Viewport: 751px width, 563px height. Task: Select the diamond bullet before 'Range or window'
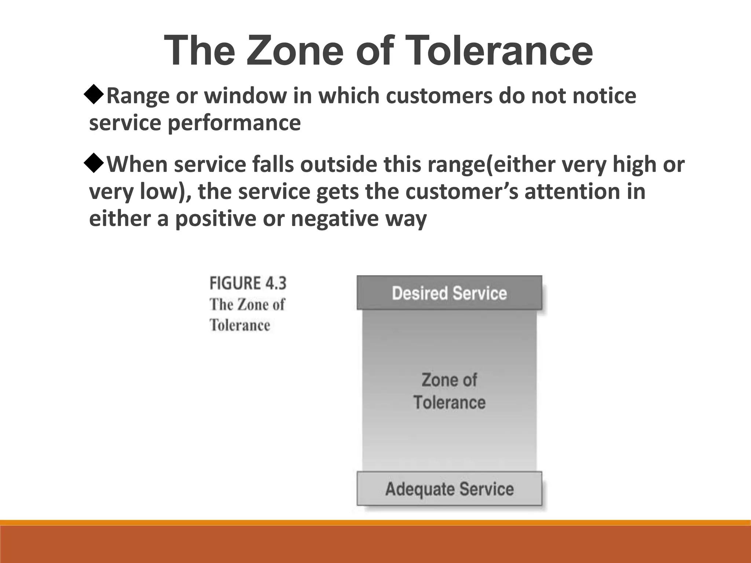tap(95, 95)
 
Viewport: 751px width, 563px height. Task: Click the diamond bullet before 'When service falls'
tap(95, 163)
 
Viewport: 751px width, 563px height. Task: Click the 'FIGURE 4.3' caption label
tap(248, 283)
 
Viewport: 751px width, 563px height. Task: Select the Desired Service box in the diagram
tap(449, 293)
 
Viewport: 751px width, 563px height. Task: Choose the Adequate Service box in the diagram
tap(449, 489)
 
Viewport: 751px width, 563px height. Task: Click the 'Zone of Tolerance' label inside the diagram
tap(449, 391)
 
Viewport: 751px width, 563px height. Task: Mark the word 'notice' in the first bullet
tap(604, 96)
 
